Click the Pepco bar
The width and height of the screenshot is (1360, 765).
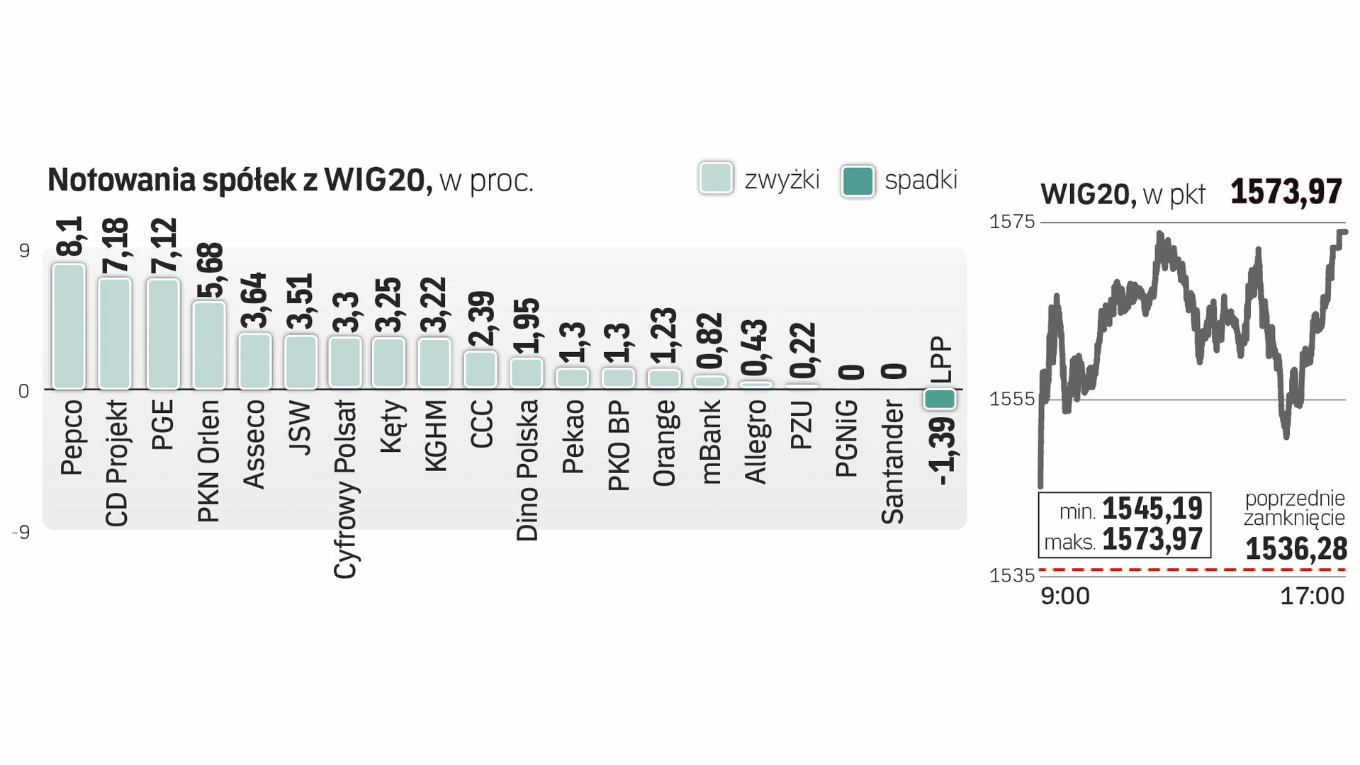click(69, 326)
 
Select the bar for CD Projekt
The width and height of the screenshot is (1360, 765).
click(115, 333)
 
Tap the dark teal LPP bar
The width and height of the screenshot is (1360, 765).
click(940, 399)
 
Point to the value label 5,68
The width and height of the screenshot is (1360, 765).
click(210, 271)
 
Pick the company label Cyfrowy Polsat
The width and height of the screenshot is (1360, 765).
click(345, 489)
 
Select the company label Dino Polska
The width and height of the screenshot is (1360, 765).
click(527, 470)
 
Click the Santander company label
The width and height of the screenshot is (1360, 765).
click(893, 462)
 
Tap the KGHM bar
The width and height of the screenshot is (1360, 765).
click(434, 363)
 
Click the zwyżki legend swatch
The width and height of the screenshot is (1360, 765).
click(716, 178)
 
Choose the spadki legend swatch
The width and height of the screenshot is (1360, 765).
click(858, 181)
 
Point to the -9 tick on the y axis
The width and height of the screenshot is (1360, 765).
click(21, 532)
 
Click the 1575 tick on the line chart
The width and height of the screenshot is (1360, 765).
click(1012, 222)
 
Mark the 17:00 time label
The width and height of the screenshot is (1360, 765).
click(1312, 596)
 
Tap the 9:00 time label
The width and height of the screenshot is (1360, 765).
click(1064, 596)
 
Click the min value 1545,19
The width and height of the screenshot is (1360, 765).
click(1152, 509)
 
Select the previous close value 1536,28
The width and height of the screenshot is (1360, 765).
click(1296, 549)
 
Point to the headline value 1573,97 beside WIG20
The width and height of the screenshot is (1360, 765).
click(1286, 192)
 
